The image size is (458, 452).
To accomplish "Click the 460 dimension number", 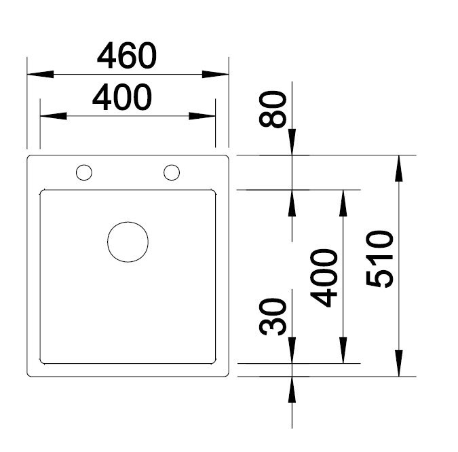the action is click(x=127, y=56).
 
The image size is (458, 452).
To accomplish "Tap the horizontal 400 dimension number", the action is click(x=122, y=97).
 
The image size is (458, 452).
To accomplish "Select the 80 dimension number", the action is click(x=273, y=109).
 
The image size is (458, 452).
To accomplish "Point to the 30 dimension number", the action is click(x=273, y=316).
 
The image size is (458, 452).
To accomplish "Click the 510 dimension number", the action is click(x=379, y=259).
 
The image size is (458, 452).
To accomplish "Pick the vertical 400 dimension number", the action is click(x=324, y=278).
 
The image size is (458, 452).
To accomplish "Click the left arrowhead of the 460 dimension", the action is click(x=40, y=74).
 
